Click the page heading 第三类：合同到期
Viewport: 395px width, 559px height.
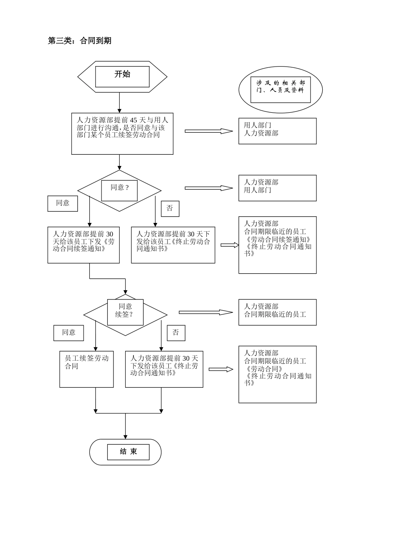[79, 41]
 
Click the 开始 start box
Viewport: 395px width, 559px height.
[122, 77]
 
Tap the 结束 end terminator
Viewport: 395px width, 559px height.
[126, 452]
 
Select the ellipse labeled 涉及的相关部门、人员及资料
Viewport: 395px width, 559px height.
[281, 89]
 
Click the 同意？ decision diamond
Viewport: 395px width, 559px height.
[119, 190]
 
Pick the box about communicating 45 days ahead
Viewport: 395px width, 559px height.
[122, 134]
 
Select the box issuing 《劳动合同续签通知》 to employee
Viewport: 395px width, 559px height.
[84, 245]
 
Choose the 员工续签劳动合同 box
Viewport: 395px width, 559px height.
[86, 369]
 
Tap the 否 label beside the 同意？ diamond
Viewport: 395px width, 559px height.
[170, 208]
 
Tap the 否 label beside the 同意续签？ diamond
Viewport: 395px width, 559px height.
[176, 333]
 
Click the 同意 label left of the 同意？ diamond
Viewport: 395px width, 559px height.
[62, 203]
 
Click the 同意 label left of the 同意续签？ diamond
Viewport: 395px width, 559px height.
[69, 333]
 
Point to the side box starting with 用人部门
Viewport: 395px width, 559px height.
[277, 131]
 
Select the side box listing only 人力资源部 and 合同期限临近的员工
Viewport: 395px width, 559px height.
[277, 312]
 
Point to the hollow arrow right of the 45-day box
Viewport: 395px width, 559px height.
[209, 131]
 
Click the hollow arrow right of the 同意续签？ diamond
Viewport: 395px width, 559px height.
[206, 312]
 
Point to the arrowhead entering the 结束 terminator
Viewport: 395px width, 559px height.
[125, 436]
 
